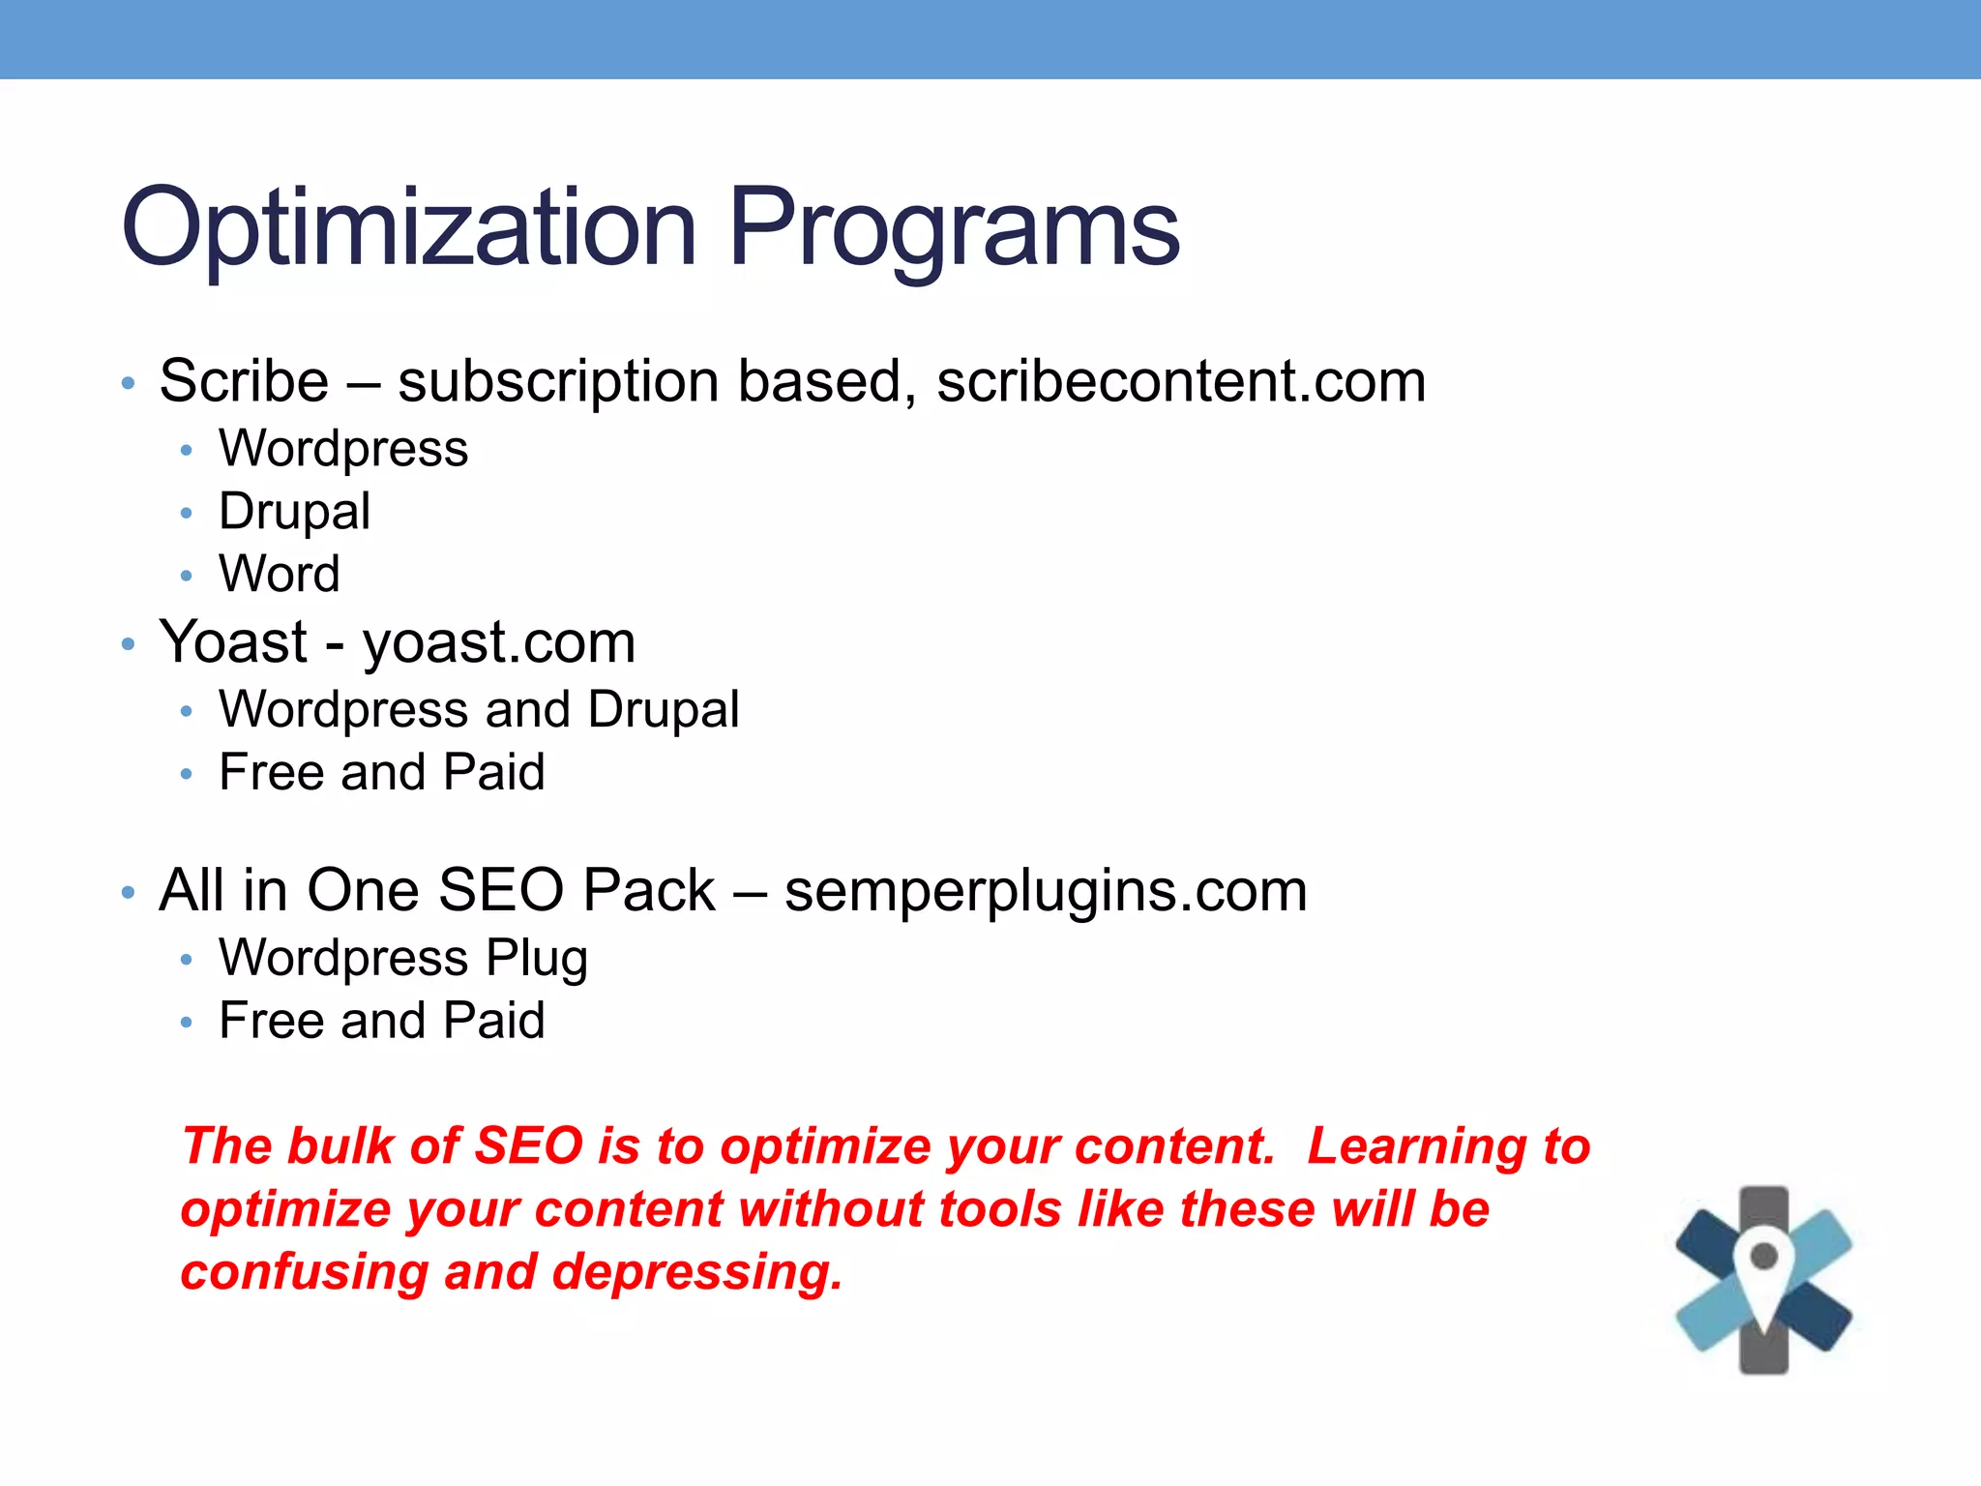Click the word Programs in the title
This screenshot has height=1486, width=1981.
click(953, 228)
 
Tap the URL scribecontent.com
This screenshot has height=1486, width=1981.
click(1181, 381)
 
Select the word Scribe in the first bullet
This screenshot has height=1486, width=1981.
click(244, 381)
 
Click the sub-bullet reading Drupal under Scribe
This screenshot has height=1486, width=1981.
click(294, 511)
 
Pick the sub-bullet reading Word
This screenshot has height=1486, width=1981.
click(279, 574)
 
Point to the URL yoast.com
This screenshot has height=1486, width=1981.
click(499, 642)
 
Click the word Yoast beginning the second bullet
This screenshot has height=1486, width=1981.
click(233, 642)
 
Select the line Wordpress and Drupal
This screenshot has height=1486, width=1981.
click(479, 709)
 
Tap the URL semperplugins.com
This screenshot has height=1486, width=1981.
click(1046, 890)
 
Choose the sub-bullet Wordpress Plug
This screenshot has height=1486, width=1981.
click(403, 958)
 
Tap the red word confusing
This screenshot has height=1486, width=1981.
click(304, 1271)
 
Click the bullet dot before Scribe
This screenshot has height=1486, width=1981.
click(128, 384)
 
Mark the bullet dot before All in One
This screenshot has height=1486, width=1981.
click(128, 893)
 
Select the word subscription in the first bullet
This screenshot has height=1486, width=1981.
click(558, 381)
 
